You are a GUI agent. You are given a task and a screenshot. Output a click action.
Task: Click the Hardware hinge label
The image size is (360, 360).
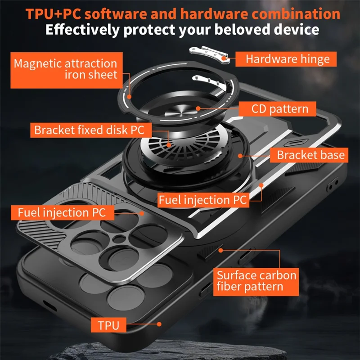288,59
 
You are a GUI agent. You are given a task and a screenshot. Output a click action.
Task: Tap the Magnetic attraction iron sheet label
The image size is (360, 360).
65,68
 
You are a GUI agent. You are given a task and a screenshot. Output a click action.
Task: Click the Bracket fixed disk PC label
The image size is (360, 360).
89,130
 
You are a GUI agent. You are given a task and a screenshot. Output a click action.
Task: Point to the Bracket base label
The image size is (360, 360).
310,155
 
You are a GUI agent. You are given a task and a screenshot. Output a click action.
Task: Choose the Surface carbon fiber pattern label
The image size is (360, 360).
256,281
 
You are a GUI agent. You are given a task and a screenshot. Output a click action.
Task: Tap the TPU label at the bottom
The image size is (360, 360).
108,324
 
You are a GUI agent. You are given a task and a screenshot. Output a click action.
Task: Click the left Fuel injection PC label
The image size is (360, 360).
62,211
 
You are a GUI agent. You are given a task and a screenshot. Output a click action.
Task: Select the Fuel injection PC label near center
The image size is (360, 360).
202,200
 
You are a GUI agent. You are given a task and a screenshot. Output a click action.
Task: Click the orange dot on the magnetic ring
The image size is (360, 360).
130,96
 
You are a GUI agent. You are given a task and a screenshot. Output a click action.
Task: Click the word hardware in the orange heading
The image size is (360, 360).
211,13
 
